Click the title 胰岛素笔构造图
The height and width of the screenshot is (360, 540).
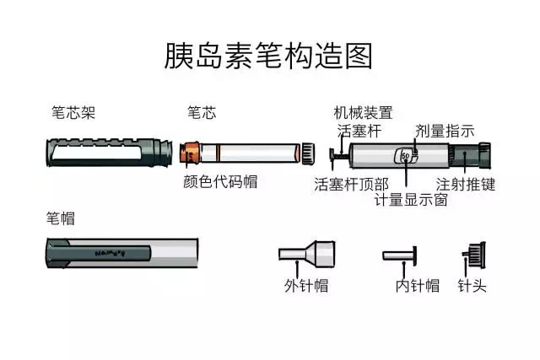268,56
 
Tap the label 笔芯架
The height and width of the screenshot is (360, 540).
73,112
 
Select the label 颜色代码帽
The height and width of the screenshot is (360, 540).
220,181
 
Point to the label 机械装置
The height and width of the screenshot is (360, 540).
363,112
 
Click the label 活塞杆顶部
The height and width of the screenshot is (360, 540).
351,184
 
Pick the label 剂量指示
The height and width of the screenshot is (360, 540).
445,131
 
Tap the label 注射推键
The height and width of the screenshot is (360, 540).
466,184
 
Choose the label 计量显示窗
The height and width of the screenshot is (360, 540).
411,200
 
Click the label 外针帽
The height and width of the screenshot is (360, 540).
306,285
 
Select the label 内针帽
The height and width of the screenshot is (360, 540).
418,285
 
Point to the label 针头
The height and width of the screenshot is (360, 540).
472,285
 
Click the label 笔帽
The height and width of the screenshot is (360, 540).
61,218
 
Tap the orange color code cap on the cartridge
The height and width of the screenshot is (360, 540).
190,153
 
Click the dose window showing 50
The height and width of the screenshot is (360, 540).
406,156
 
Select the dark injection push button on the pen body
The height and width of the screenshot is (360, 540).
470,156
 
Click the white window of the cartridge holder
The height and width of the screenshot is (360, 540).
96,152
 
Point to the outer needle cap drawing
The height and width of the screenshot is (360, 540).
306,254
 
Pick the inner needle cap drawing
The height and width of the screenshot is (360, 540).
400,255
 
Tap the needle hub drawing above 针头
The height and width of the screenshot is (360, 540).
474,255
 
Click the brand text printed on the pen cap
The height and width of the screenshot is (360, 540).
110,253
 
